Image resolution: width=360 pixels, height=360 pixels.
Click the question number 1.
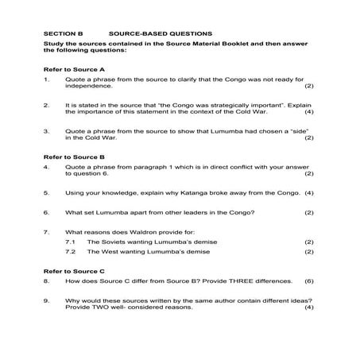click(47, 79)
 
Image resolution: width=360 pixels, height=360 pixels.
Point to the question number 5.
click(47, 192)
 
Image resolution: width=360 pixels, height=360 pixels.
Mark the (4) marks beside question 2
click(309, 111)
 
